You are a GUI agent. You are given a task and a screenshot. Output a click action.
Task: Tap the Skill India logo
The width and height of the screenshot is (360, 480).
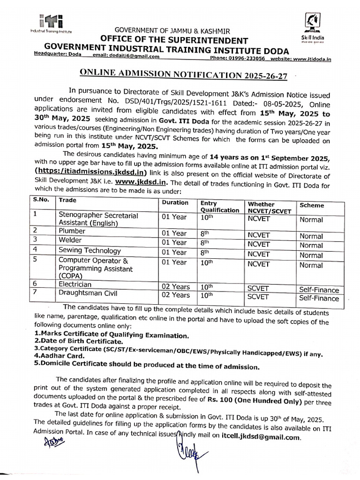pos(313,26)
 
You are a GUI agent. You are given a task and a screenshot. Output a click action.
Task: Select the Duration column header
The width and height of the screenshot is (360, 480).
pos(175,203)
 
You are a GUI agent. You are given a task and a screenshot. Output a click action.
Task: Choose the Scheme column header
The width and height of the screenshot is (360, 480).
pos(312,205)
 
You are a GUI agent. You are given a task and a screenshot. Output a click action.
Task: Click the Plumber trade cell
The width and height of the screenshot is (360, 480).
pos(72,231)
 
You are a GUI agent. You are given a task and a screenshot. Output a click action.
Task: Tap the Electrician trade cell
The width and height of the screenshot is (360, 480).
pos(75,284)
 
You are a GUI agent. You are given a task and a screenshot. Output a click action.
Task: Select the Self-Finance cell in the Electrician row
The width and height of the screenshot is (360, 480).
pos(319,290)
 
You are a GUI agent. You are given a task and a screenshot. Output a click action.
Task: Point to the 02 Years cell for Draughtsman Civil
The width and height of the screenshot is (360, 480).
pos(176,295)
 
